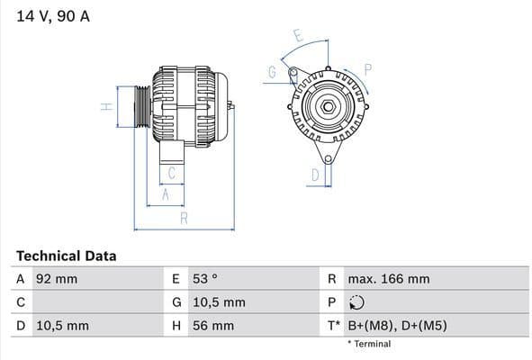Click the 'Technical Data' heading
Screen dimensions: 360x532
[66, 256]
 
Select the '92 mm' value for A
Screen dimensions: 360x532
[57, 279]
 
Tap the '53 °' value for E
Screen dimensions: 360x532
[206, 279]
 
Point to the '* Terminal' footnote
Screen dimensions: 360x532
[369, 344]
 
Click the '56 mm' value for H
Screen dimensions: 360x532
[212, 325]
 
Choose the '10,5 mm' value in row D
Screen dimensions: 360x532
[62, 325]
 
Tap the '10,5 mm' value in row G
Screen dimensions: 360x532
[218, 302]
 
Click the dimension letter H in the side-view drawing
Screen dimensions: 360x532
[106, 107]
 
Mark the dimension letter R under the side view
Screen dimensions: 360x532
[184, 218]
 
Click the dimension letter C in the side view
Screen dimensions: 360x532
[171, 173]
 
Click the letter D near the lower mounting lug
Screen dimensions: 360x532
[315, 175]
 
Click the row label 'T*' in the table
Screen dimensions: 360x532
[333, 325]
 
